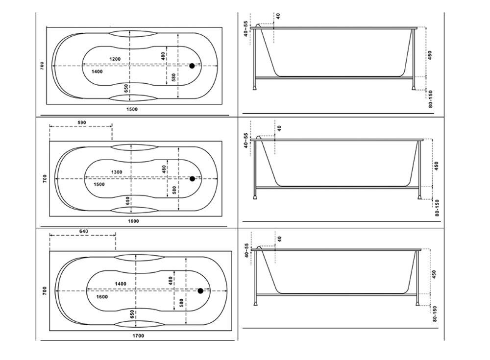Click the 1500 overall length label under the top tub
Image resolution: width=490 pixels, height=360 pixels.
point(132,109)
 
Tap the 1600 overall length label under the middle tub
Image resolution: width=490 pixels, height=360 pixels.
point(133,221)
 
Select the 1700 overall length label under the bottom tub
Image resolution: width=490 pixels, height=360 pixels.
point(139,336)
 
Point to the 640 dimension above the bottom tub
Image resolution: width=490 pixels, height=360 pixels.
point(84,231)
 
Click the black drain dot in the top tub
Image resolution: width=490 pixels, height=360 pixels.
point(192,66)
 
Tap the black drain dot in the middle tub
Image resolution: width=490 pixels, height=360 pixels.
point(192,179)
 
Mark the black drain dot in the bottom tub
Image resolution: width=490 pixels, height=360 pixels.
point(200,291)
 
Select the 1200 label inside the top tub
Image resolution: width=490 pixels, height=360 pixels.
point(115,59)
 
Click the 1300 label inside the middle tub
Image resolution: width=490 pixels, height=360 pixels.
point(117,172)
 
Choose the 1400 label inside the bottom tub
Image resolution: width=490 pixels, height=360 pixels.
point(121,284)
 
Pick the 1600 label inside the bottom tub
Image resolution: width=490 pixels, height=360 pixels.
point(102,297)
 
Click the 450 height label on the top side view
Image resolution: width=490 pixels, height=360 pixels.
point(430,54)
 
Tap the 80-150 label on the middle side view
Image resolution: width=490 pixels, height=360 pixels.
point(437,208)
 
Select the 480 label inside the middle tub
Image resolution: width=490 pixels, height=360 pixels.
point(164,169)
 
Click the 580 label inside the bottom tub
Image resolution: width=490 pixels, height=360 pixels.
point(181,303)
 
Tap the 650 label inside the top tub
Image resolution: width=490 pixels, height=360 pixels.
point(126,88)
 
